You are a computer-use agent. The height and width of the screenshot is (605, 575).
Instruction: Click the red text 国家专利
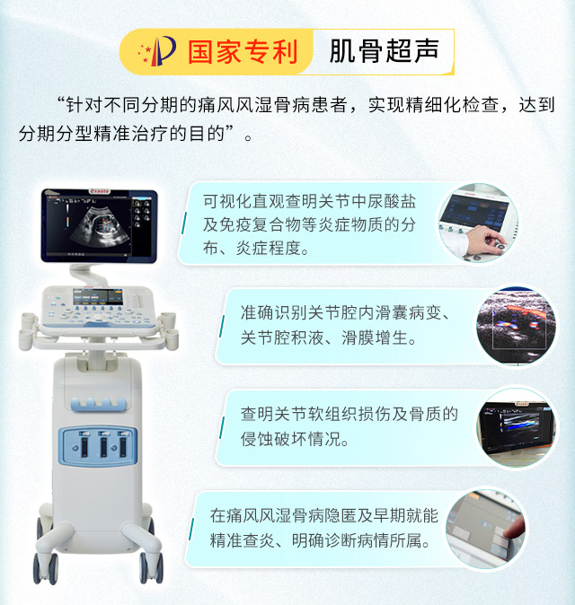click(243, 52)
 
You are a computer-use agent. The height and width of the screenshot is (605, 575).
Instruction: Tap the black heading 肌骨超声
click(385, 51)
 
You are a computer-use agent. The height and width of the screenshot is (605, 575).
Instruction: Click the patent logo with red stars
click(157, 51)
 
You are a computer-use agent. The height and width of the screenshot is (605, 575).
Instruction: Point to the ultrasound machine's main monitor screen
click(99, 226)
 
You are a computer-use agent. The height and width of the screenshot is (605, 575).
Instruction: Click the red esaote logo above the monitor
click(99, 192)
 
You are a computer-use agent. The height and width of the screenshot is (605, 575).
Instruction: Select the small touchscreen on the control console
click(98, 297)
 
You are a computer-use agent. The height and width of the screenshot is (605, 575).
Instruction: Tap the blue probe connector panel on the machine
click(98, 446)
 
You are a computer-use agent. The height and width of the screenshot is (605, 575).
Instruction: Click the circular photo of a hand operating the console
click(478, 224)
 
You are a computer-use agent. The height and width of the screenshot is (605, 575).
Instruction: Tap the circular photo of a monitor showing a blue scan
click(517, 427)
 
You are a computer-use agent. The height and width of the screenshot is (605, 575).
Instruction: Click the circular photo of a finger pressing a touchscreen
click(485, 530)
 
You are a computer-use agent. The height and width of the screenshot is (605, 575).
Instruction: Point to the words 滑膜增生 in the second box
click(374, 338)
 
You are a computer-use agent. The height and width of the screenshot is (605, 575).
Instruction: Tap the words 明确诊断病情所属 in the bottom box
click(356, 540)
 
